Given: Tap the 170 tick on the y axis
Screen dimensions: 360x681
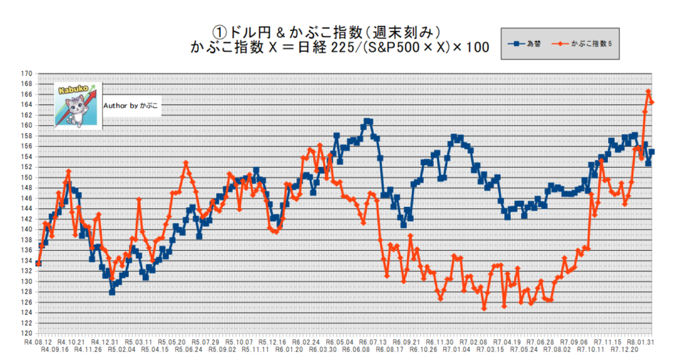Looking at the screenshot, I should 27,73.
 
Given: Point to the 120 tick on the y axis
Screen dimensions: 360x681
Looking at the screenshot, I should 27,333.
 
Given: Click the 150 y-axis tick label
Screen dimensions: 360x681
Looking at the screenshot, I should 27,178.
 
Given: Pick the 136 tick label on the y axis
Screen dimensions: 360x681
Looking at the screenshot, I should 27,250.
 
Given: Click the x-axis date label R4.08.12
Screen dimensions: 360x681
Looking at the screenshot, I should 39,341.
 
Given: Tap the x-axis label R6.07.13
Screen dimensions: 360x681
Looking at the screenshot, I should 374,341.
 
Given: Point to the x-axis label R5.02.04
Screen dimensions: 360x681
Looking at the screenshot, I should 123,349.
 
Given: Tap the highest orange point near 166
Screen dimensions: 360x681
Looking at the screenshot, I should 648,92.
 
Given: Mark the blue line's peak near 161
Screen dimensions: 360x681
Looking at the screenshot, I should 367,121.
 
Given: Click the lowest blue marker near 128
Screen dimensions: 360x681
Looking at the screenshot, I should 112,292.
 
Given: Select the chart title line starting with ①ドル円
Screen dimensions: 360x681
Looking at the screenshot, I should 326,32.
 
